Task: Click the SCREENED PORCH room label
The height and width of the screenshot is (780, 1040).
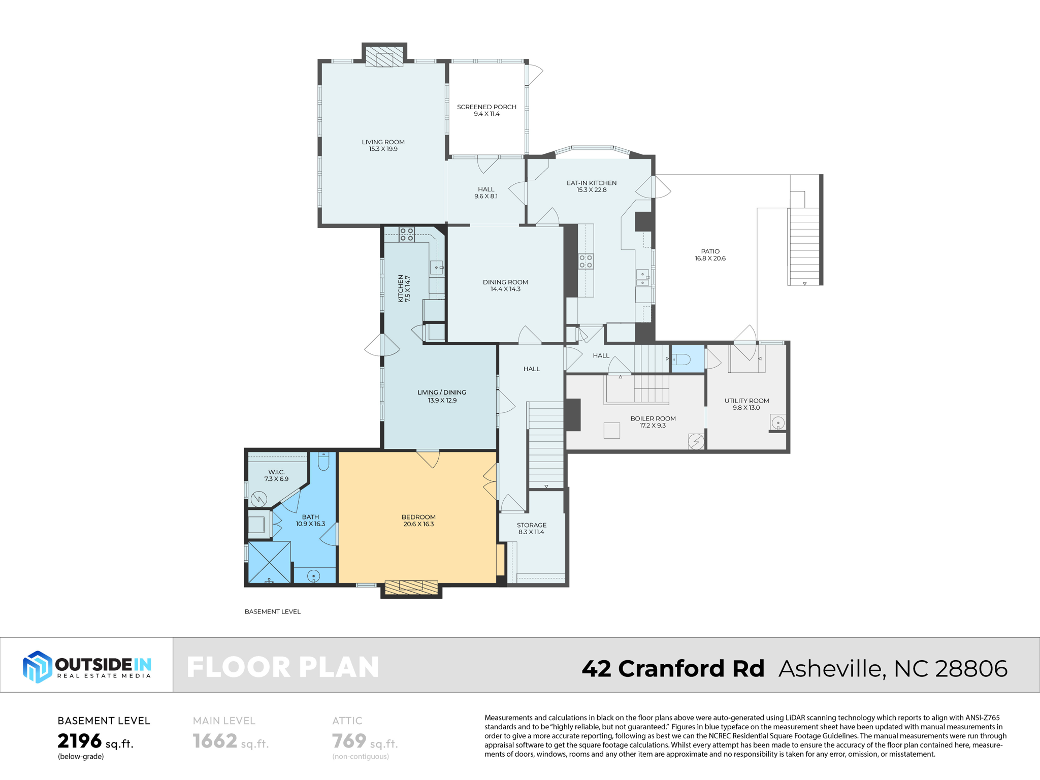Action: pyautogui.click(x=486, y=110)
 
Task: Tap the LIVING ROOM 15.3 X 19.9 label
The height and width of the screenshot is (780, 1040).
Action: pyautogui.click(x=383, y=145)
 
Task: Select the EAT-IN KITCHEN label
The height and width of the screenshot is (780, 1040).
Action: pyautogui.click(x=591, y=186)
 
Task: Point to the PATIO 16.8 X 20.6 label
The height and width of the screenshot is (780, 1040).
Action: pyautogui.click(x=710, y=254)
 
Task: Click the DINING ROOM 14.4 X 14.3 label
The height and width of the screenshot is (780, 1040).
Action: pyautogui.click(x=505, y=285)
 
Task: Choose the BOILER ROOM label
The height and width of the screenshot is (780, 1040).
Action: pyautogui.click(x=653, y=421)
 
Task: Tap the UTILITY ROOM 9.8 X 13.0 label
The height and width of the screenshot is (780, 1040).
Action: pyautogui.click(x=746, y=404)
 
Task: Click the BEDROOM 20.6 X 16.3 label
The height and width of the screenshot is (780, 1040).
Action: pyautogui.click(x=418, y=520)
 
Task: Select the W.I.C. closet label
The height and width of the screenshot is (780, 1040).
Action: pyautogui.click(x=276, y=475)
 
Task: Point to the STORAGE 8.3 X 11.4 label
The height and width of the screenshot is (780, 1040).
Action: pyautogui.click(x=531, y=528)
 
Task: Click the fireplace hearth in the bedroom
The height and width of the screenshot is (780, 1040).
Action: pyautogui.click(x=411, y=587)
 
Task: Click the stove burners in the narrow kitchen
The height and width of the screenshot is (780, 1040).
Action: pyautogui.click(x=406, y=234)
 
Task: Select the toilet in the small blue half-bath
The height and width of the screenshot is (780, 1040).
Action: pyautogui.click(x=682, y=360)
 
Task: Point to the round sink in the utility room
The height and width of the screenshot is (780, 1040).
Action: pyautogui.click(x=778, y=422)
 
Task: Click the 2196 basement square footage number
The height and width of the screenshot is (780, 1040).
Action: pyautogui.click(x=80, y=741)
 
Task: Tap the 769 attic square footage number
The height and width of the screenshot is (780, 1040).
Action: pyautogui.click(x=349, y=741)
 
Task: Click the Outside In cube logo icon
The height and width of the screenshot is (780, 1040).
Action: pyautogui.click(x=37, y=666)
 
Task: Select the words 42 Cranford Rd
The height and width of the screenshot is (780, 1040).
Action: pyautogui.click(x=672, y=668)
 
